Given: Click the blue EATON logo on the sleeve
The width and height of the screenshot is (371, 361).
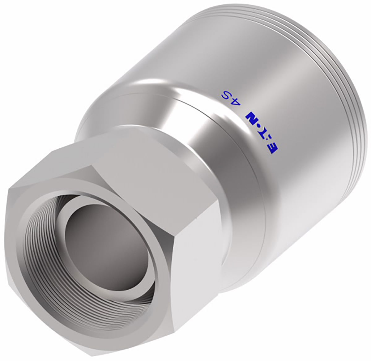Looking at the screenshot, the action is coord(263,133).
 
